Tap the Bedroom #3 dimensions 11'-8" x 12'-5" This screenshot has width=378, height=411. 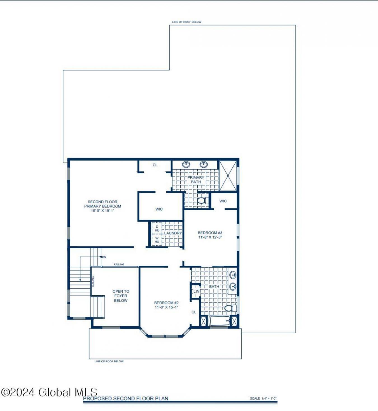(x=210, y=237)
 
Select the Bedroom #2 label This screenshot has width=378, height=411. (x=166, y=303)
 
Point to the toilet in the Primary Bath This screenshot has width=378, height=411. (x=202, y=201)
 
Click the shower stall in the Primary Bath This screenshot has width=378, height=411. (x=228, y=176)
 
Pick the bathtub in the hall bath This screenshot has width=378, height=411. (x=219, y=321)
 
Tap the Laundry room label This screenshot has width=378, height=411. (x=173, y=233)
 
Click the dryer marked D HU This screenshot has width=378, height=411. (x=157, y=229)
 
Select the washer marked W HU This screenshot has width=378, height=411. (x=157, y=240)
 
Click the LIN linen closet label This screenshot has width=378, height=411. (x=197, y=291)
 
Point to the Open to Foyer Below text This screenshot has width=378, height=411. (x=121, y=296)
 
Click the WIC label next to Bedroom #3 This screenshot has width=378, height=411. (x=223, y=201)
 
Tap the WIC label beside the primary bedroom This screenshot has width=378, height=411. (x=159, y=209)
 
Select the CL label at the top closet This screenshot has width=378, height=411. (x=155, y=165)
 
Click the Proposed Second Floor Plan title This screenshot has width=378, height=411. (x=126, y=398)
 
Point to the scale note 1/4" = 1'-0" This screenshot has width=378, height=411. (x=263, y=398)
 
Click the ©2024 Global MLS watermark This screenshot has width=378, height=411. (x=49, y=392)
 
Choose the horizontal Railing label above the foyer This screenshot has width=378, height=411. (x=119, y=264)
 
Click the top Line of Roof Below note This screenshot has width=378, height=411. (x=186, y=22)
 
